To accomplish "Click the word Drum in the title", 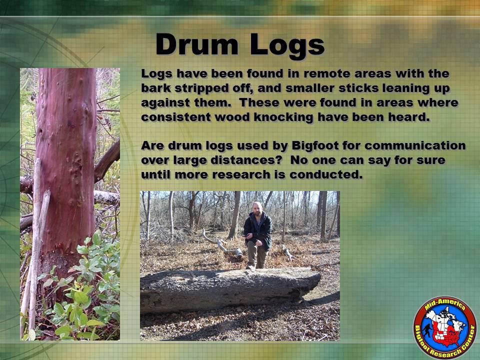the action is tap(196, 44).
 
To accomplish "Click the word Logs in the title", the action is tap(287, 46).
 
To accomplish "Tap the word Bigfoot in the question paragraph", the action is tap(315, 146).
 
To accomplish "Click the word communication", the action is tap(415, 145).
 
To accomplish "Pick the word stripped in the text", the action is tap(203, 89).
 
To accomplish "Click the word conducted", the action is tap(326, 175).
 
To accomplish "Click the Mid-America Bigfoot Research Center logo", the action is tap(445, 327).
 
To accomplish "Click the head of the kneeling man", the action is tap(258, 208).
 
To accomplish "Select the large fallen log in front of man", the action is tap(230, 289).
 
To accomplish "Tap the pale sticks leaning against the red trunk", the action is tap(36, 245).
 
